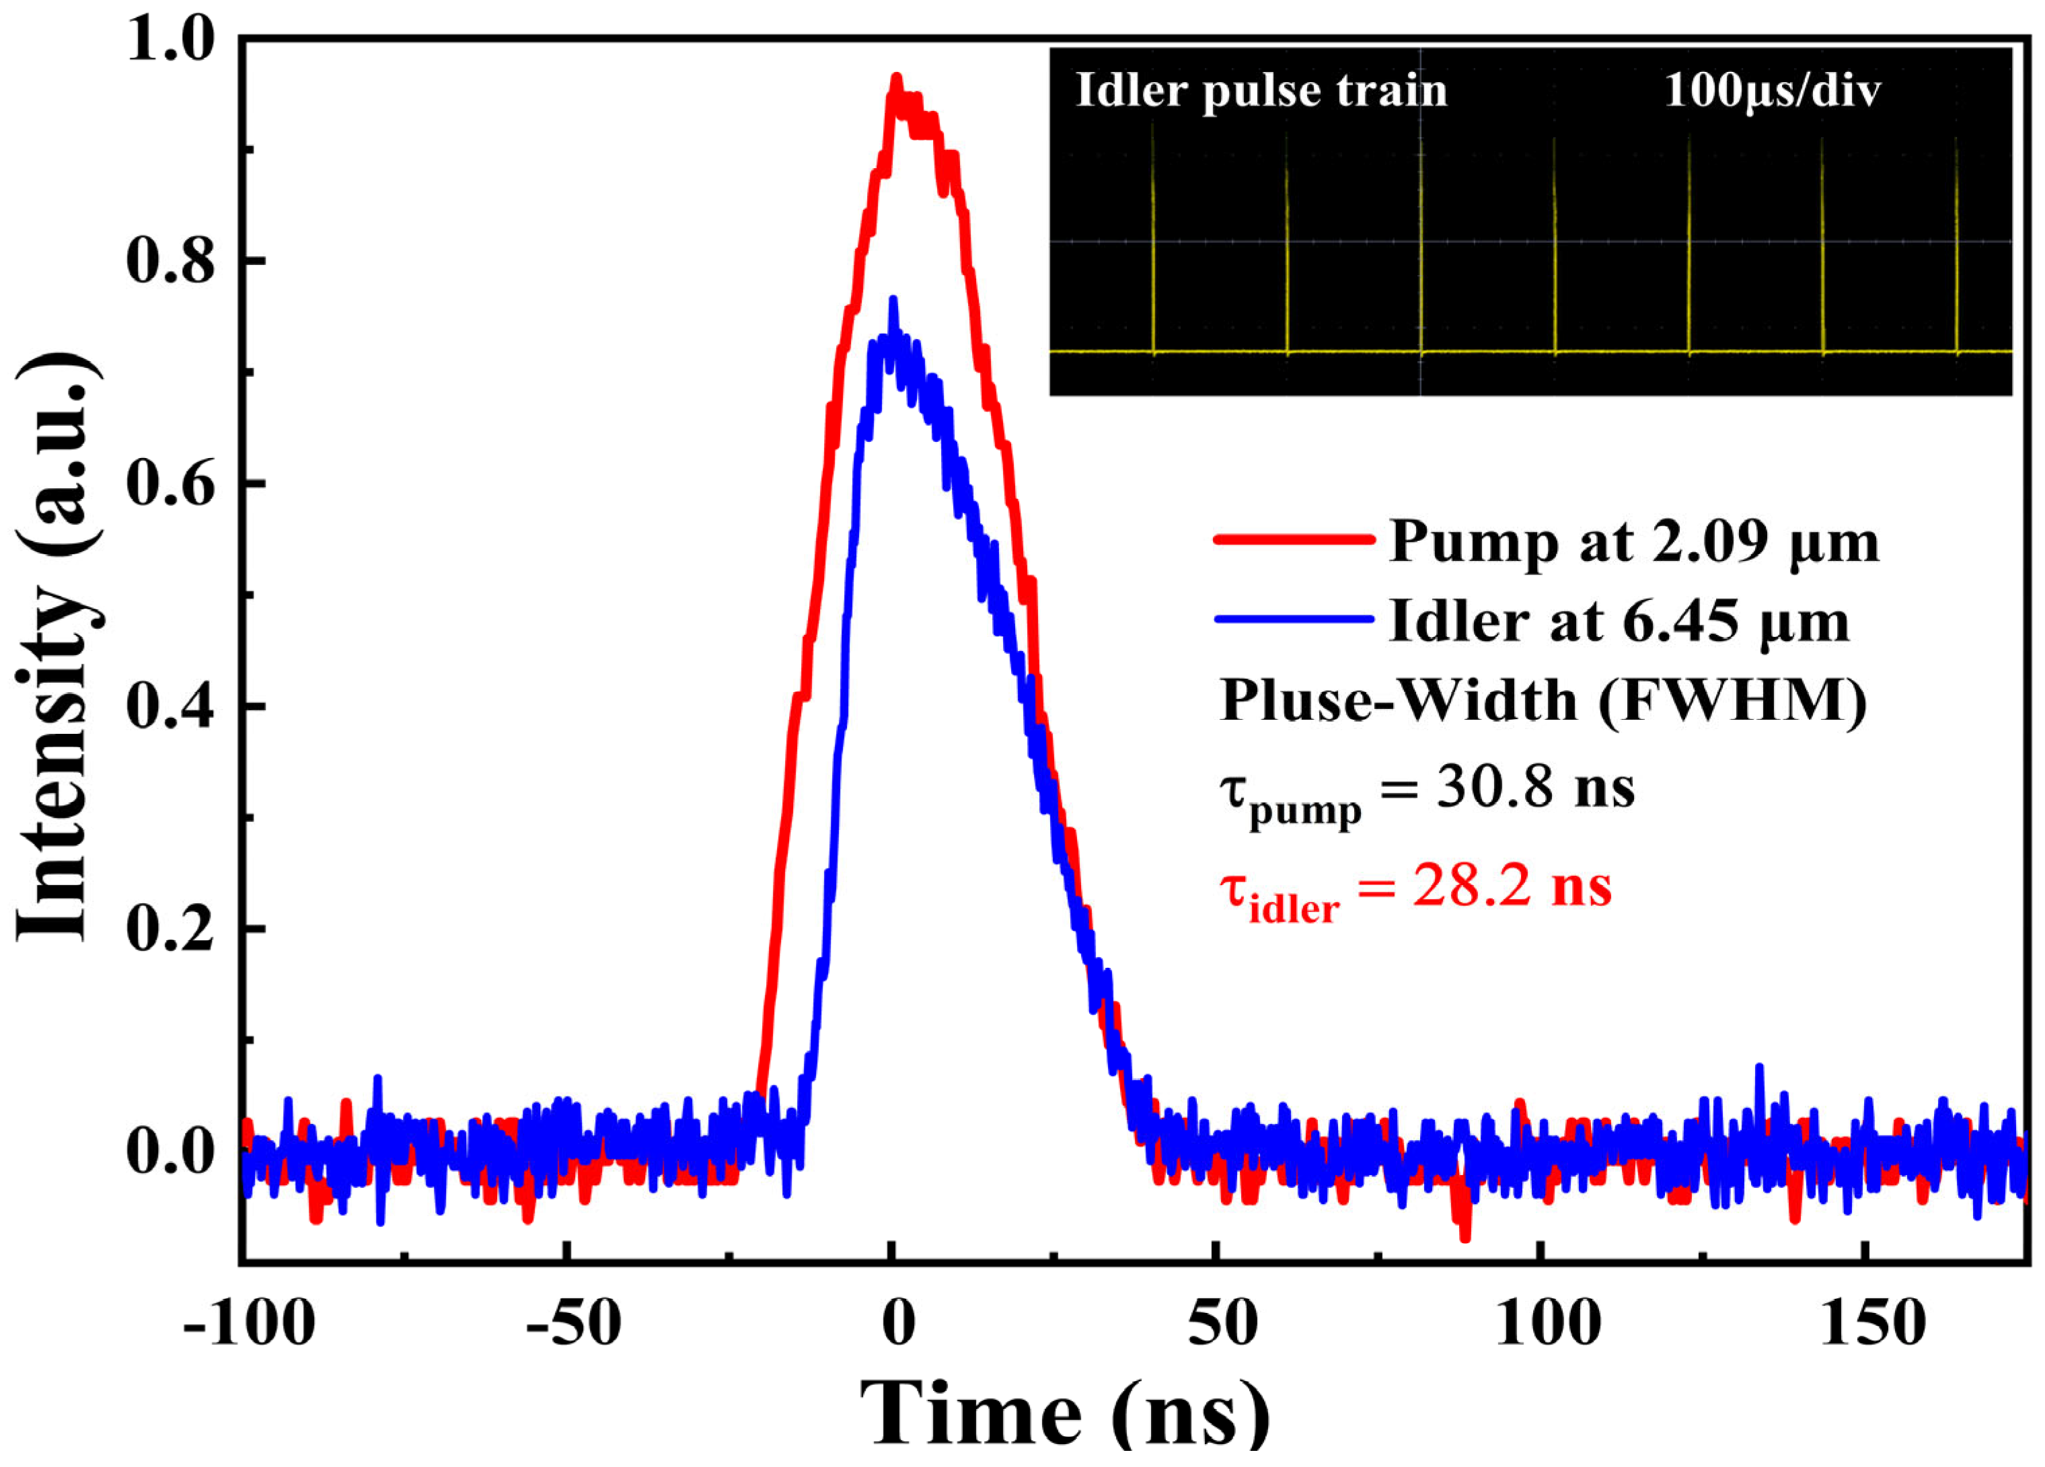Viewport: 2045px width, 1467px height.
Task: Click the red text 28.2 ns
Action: point(1511,887)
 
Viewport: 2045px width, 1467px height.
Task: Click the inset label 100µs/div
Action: point(1772,90)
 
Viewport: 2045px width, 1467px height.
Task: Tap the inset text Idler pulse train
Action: point(1261,90)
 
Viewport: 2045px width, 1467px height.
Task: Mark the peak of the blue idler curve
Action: point(893,299)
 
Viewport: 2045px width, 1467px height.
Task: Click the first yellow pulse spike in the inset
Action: point(1152,243)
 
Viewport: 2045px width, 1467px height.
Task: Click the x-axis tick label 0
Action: point(898,1324)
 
